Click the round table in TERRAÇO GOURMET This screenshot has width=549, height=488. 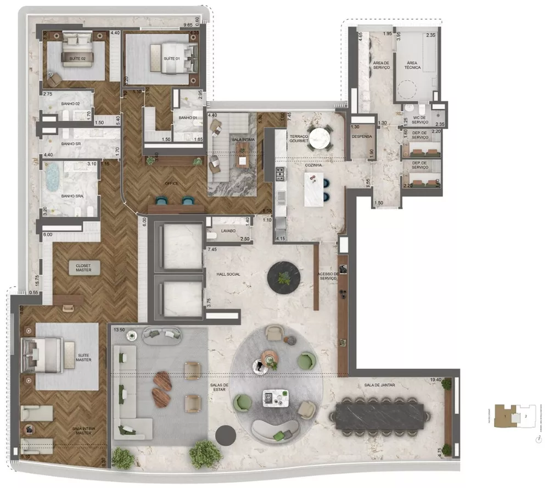click(x=320, y=137)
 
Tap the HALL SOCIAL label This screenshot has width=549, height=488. click(x=229, y=274)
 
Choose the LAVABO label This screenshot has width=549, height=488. click(x=228, y=231)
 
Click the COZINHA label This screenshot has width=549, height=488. click(x=314, y=165)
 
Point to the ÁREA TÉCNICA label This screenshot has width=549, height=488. click(x=413, y=65)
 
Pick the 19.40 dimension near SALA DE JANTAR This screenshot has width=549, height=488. click(x=436, y=379)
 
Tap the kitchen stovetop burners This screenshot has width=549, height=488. click(x=280, y=174)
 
